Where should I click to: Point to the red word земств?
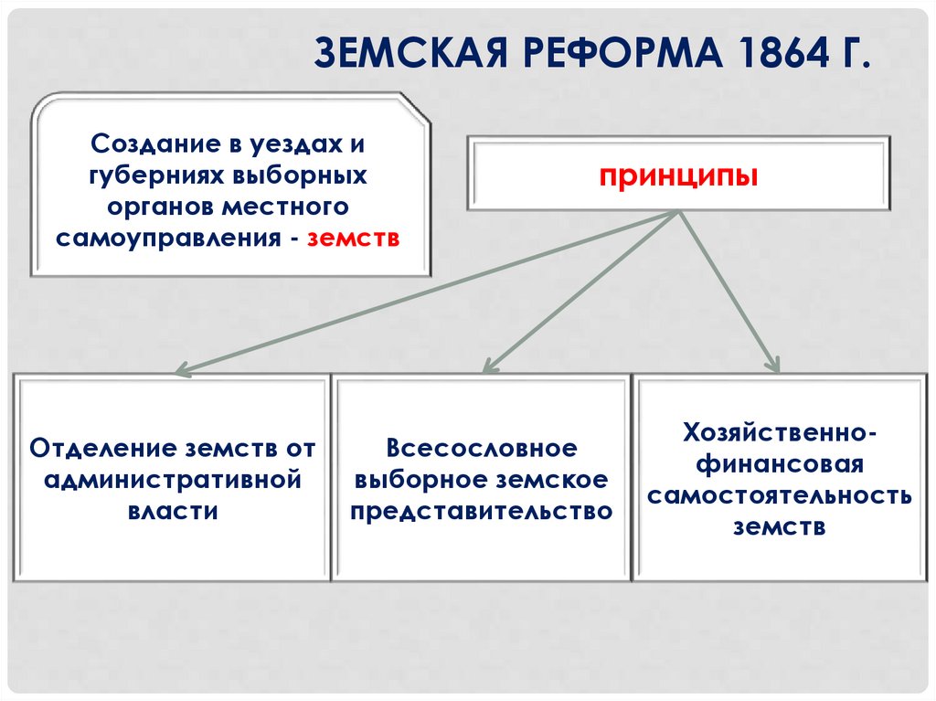354,238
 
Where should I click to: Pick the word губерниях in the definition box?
150,175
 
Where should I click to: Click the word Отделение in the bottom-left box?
102,449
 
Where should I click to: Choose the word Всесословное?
482,449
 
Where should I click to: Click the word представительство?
482,510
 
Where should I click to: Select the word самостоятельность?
780,495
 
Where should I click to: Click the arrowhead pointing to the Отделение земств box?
181,371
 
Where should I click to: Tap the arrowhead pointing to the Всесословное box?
489,366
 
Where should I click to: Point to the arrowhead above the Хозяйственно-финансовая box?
774,365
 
